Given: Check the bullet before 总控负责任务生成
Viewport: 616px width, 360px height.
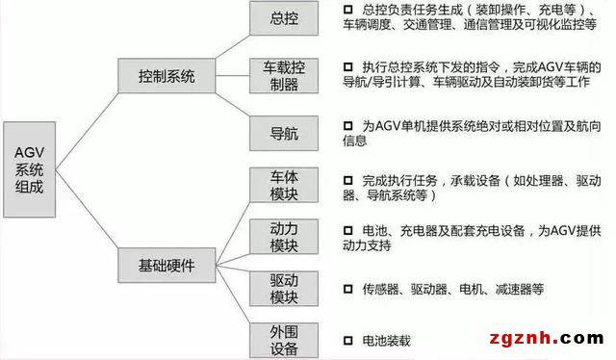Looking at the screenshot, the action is click(347, 11).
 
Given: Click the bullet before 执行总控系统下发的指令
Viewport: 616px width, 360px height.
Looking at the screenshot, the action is click(347, 66).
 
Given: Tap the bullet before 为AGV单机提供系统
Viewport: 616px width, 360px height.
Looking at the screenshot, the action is click(347, 124).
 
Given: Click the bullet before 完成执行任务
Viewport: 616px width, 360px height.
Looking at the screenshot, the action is click(347, 179).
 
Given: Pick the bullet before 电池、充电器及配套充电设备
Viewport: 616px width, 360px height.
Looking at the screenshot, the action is click(347, 231).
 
